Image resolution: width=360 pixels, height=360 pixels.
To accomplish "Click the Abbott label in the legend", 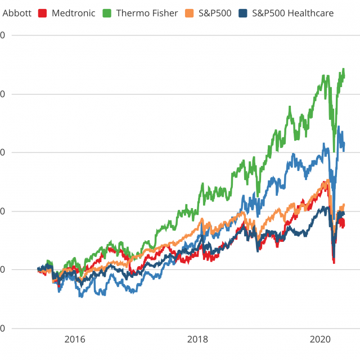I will (x=17, y=12).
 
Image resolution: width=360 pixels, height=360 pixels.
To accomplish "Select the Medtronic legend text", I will (x=73, y=12).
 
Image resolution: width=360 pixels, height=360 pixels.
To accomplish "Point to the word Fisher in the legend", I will (x=164, y=12).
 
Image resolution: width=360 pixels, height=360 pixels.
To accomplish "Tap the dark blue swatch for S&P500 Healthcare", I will (x=242, y=12).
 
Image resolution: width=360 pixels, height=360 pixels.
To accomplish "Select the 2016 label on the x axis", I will (x=75, y=339).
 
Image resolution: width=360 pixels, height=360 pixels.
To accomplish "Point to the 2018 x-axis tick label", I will (x=197, y=339).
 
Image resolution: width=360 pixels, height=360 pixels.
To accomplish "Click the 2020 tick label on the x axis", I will (x=320, y=339).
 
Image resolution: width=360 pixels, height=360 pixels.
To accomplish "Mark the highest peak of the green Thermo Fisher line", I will (x=343, y=69).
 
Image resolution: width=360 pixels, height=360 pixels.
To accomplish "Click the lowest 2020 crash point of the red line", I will (x=334, y=263).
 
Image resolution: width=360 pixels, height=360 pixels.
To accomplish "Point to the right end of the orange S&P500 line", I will (x=344, y=205).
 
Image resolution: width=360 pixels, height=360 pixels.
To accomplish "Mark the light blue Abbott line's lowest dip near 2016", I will (x=82, y=296).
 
